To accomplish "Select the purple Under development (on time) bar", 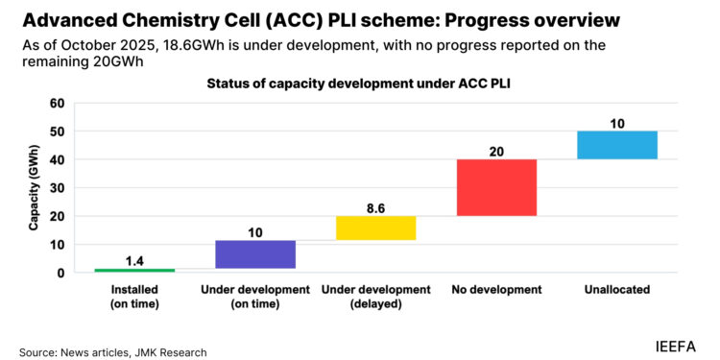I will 255,254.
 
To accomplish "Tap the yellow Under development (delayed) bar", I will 375,228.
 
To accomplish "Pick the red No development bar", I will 496,187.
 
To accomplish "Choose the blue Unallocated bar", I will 617,145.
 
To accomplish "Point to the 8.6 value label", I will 375,206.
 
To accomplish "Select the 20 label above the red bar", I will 496,151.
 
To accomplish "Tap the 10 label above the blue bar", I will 617,123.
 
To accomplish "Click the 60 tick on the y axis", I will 57,104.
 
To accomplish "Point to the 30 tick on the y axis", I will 57,188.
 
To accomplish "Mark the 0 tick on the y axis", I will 60,273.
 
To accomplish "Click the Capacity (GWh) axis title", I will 34,189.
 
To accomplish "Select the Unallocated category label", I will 617,289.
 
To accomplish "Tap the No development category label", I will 496,289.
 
